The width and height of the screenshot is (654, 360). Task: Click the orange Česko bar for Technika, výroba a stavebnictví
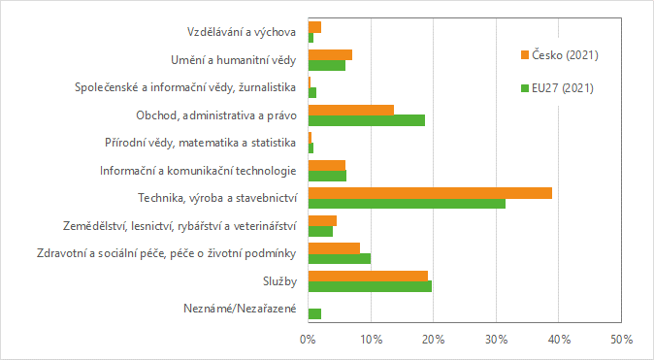click(x=430, y=193)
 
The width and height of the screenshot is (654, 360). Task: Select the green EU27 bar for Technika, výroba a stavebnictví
click(x=407, y=204)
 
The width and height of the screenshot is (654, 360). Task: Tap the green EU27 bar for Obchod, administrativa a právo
click(x=366, y=120)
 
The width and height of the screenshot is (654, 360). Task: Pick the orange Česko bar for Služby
click(x=368, y=276)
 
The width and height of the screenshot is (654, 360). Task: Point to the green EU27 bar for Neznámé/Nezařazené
click(x=314, y=313)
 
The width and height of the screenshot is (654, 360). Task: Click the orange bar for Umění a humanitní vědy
click(x=330, y=54)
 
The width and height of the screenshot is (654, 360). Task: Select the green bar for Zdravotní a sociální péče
click(x=339, y=259)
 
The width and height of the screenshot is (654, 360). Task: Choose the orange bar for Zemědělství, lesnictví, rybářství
click(x=322, y=220)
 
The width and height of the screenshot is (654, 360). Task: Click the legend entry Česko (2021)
click(x=564, y=54)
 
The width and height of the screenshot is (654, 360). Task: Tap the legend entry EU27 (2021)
click(x=563, y=87)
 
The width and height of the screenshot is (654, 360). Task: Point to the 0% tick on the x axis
click(x=308, y=340)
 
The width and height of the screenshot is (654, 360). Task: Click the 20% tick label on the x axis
click(x=434, y=340)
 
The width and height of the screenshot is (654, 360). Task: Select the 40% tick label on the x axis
click(x=559, y=340)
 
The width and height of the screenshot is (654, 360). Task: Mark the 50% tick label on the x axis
click(x=621, y=340)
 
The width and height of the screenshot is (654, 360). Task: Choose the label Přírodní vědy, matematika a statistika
click(x=200, y=143)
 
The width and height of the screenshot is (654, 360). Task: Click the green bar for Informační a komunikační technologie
click(x=327, y=176)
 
